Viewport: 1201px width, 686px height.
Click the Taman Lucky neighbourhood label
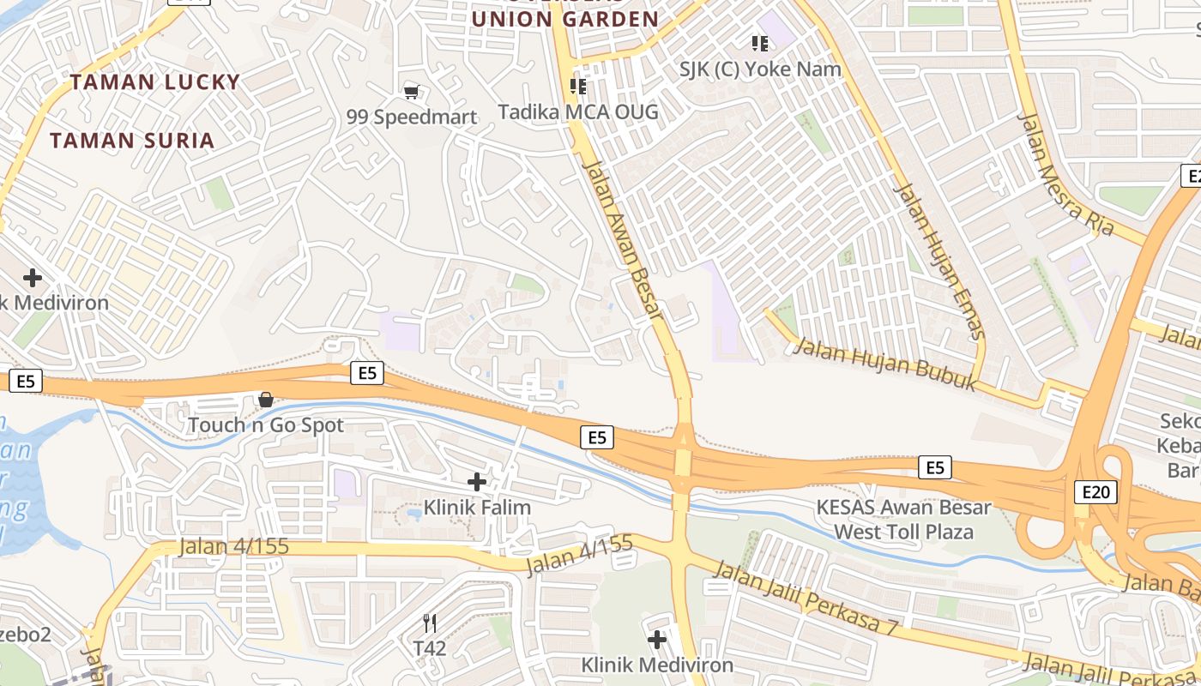155,82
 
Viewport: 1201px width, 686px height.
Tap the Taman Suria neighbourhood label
132,141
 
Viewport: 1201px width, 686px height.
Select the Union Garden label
565,19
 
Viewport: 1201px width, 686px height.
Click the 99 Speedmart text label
412,117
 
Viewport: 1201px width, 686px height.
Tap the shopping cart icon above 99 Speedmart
412,92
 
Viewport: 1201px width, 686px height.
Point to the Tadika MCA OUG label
579,111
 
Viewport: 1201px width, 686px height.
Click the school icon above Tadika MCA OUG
578,86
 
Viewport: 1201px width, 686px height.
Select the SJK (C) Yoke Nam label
760,69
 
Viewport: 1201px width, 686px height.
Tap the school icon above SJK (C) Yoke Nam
759,43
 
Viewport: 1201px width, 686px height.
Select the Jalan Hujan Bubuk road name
884,364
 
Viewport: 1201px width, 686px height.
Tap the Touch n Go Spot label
266,425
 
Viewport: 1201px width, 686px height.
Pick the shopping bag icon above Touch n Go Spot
266,400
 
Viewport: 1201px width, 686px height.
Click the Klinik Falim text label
478,508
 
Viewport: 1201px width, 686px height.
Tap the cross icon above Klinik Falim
477,482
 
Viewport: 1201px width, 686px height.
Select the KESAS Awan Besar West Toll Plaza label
904,520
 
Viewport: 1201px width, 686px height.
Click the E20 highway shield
1095,492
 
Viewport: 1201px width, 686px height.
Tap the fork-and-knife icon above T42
430,623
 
